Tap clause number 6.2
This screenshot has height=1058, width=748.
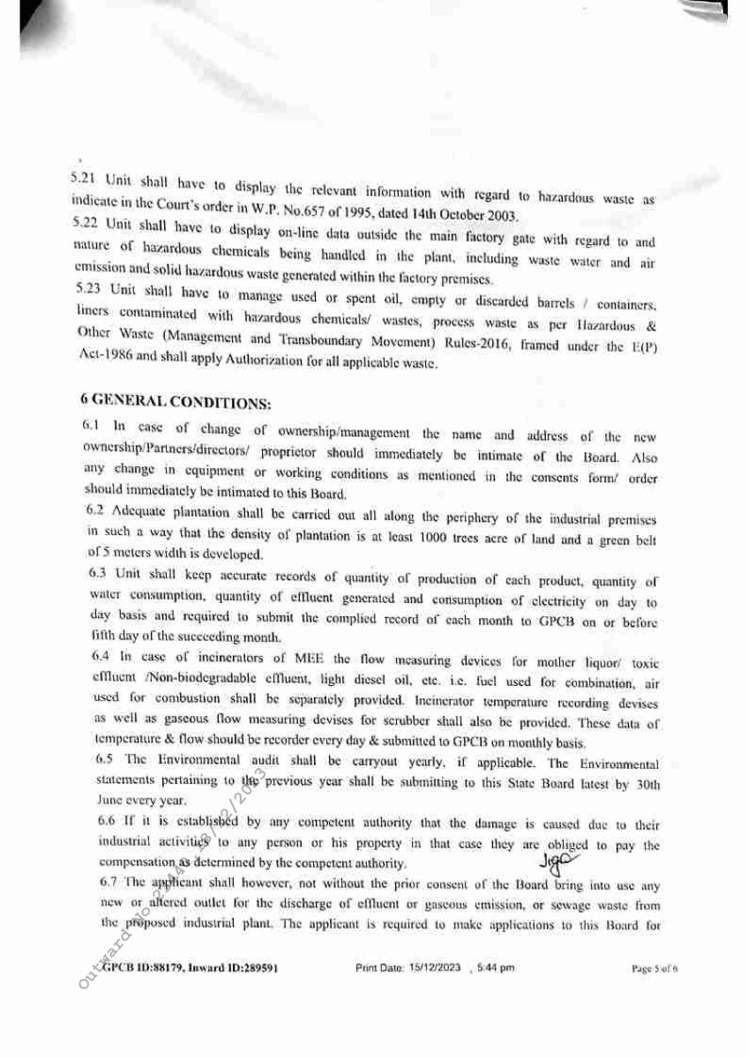(98, 509)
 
